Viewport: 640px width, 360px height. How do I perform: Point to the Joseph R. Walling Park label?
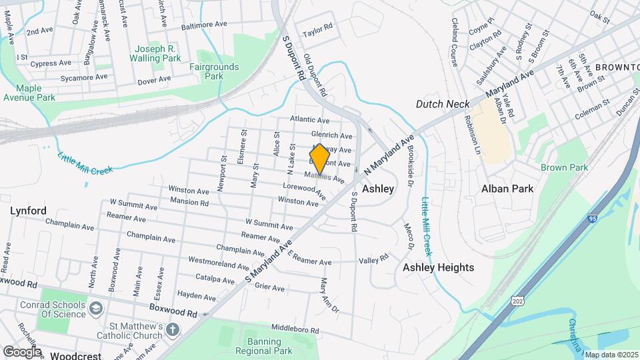pos(157,53)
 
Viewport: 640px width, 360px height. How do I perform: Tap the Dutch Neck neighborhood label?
pos(443,104)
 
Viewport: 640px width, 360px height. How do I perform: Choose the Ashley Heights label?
pos(438,267)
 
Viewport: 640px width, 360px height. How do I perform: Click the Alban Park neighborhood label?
pos(507,189)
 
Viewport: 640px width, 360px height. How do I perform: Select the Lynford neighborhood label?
pos(28,211)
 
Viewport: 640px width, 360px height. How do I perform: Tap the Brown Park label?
pos(564,167)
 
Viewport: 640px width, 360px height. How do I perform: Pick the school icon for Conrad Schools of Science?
pos(97,309)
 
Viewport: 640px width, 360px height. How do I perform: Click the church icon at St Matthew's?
pos(172,330)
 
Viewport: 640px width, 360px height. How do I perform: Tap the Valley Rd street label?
pos(373,260)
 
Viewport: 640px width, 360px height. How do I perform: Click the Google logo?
pos(22,351)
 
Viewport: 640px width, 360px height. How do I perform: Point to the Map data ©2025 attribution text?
pos(611,354)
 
